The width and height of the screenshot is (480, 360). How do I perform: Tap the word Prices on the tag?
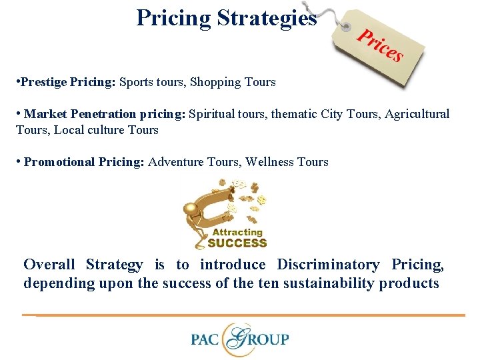pyautogui.click(x=379, y=44)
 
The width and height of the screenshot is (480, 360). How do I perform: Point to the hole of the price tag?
pyautogui.click(x=346, y=27)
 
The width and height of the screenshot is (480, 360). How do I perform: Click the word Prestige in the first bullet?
pyautogui.click(x=43, y=83)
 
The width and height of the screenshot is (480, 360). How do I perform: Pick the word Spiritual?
pyautogui.click(x=213, y=115)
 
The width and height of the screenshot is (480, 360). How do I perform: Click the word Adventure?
pyautogui.click(x=175, y=162)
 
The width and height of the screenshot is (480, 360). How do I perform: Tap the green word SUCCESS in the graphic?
pyautogui.click(x=237, y=243)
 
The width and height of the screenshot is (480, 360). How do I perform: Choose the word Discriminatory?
pyautogui.click(x=328, y=265)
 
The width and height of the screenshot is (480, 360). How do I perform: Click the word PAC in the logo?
pyautogui.click(x=206, y=339)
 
